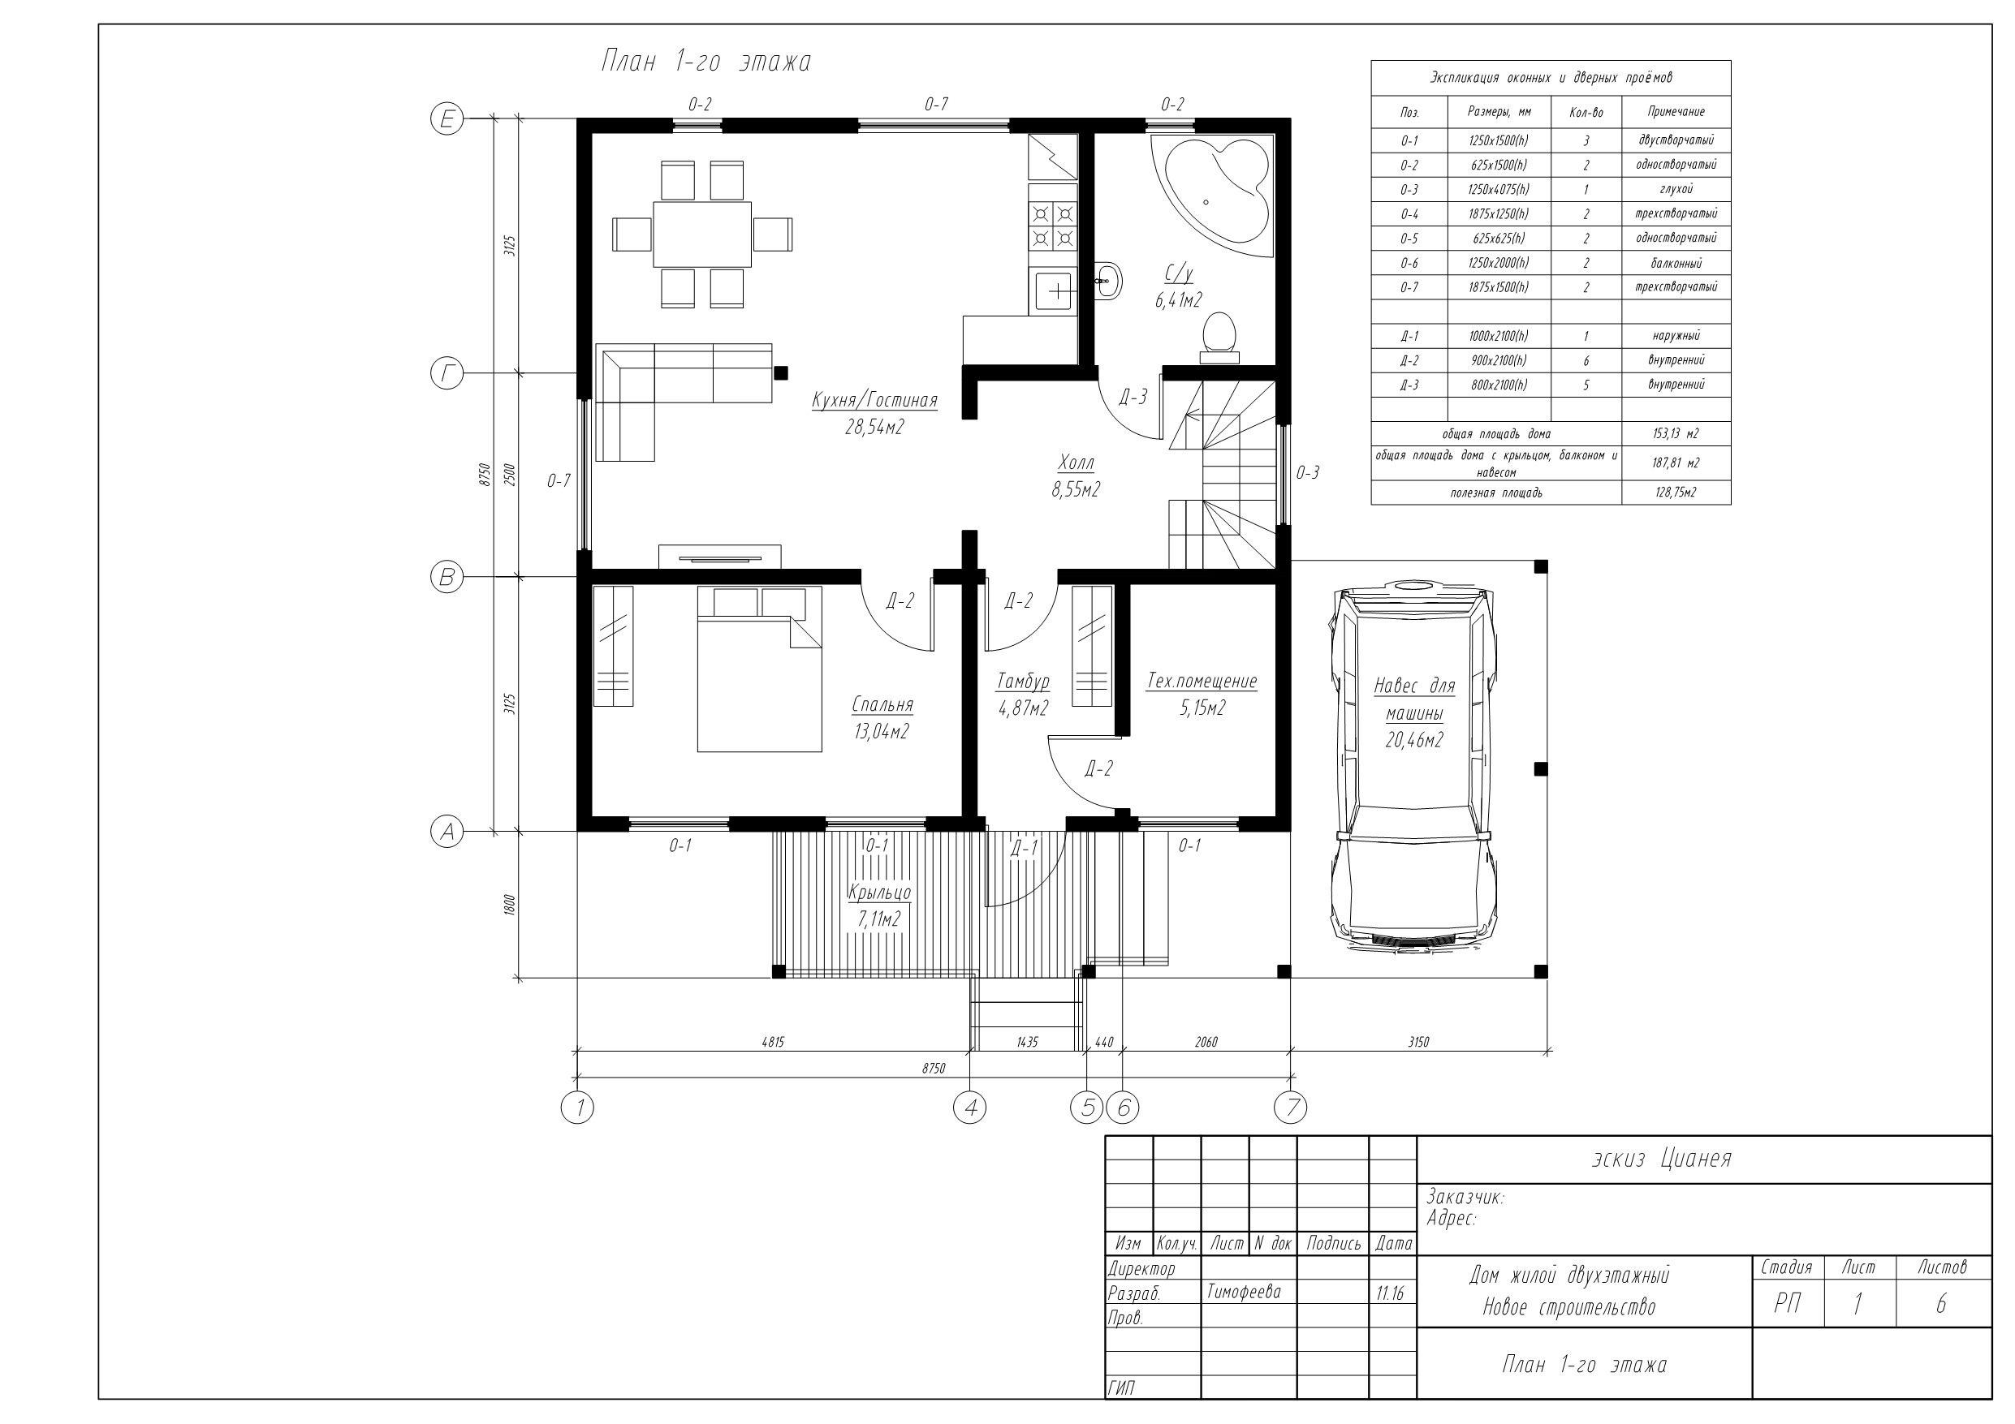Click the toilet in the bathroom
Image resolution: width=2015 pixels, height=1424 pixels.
tap(1220, 338)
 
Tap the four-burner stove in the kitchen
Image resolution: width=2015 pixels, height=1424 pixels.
tap(1053, 226)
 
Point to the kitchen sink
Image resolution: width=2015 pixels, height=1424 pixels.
tap(1053, 291)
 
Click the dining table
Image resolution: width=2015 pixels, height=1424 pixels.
tap(702, 234)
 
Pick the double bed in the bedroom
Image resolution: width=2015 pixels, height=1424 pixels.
tap(760, 669)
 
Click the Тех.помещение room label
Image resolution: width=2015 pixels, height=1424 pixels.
tap(1202, 682)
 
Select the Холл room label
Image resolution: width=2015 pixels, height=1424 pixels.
tap(1077, 462)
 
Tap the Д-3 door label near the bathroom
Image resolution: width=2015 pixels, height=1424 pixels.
tap(1133, 398)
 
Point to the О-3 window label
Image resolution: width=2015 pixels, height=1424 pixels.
tap(1308, 473)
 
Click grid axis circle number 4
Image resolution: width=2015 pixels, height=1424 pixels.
tap(970, 1108)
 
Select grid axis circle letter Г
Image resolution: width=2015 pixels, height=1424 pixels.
tap(447, 375)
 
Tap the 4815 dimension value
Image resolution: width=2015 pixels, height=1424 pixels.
tap(772, 1043)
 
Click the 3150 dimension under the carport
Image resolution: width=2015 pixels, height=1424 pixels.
tap(1418, 1043)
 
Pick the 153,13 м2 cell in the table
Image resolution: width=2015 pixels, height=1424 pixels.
tap(1676, 434)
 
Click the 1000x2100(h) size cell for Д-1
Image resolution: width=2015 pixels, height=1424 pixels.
tap(1498, 336)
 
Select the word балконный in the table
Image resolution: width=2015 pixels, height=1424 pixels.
tap(1676, 263)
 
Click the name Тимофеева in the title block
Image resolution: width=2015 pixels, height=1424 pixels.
tap(1244, 1292)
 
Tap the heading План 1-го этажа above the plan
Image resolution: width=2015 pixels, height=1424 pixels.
tap(705, 62)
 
